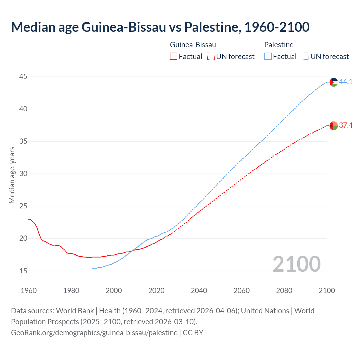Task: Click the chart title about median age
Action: [160, 27]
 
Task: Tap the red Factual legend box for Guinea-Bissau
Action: [174, 57]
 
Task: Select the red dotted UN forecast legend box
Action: [211, 57]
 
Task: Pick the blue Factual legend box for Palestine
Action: [268, 57]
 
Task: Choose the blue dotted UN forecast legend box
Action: [305, 57]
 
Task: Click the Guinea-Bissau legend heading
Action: [193, 45]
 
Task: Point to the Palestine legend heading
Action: [279, 45]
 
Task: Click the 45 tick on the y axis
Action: [23, 76]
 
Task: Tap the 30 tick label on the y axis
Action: [23, 174]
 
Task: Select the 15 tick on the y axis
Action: [23, 271]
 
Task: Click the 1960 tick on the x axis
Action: [29, 291]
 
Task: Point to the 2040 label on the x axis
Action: [199, 291]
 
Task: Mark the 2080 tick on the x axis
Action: [284, 291]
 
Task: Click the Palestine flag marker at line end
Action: [334, 82]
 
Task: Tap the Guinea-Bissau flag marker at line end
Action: [334, 125]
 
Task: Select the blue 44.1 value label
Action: [346, 82]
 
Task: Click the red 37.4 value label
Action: [346, 125]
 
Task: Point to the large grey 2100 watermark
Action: [297, 264]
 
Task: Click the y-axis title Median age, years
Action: [12, 175]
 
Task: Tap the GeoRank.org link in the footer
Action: [94, 333]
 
